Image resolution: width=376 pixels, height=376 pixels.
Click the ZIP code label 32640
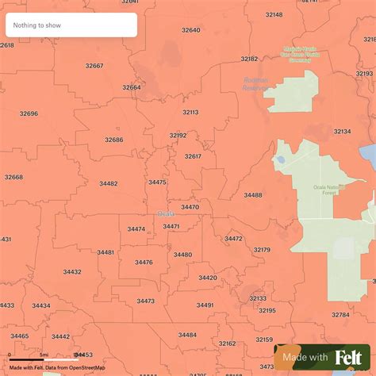click(190, 30)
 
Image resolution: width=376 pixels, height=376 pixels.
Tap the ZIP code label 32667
click(94, 66)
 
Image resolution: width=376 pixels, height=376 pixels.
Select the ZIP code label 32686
click(114, 140)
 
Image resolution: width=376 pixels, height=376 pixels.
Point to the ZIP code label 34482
click(108, 183)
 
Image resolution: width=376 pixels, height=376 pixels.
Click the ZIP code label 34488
click(253, 194)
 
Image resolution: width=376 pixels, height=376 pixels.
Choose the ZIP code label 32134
click(342, 132)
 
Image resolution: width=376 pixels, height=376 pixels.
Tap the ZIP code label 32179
click(262, 250)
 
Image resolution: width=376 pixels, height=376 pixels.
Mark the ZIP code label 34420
click(208, 278)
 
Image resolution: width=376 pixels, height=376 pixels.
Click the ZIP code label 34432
click(72, 271)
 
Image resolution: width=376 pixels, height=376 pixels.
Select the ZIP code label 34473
click(145, 301)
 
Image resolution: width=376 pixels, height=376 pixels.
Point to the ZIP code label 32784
click(340, 315)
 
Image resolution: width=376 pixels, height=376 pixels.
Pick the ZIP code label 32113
click(190, 113)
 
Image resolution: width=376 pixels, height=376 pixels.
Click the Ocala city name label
click(166, 213)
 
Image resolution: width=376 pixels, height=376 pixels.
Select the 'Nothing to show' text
click(36, 25)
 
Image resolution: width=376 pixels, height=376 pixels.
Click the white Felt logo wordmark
click(350, 358)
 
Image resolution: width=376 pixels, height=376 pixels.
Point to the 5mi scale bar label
click(44, 355)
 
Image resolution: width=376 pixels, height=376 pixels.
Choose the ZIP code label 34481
click(106, 252)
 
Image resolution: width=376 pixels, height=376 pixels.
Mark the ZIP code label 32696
click(29, 113)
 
